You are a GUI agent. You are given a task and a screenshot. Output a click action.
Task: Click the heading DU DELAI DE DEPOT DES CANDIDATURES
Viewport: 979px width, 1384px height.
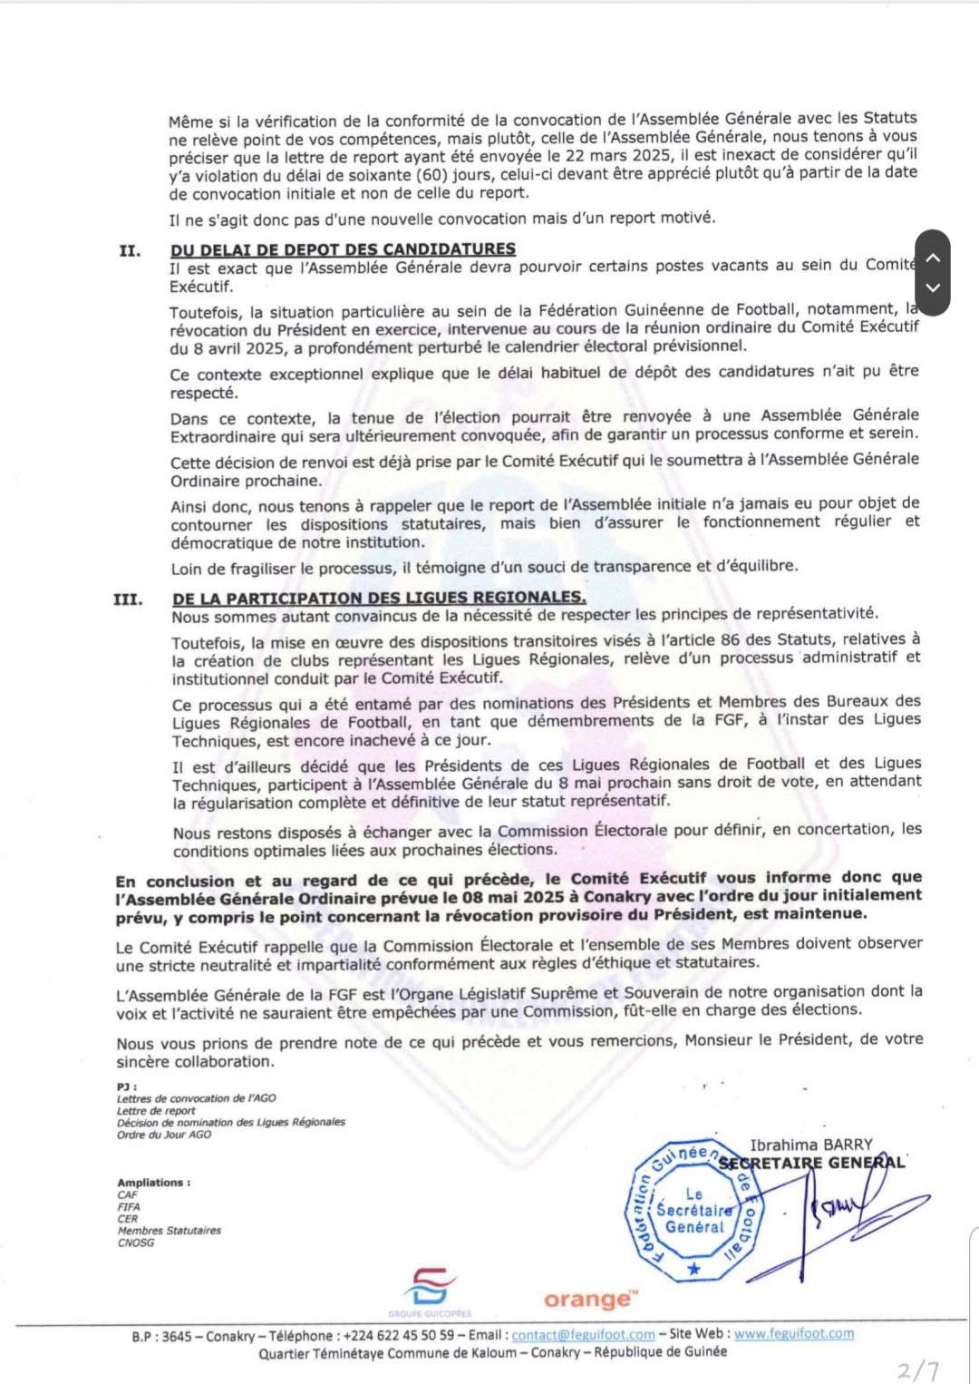coord(343,249)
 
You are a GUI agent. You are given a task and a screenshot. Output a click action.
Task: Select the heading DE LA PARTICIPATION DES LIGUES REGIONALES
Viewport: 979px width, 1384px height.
coord(379,598)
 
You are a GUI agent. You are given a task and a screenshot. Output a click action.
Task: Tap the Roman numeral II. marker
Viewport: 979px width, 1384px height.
coord(130,250)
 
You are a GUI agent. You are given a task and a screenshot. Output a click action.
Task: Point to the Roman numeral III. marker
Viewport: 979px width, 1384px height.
coord(128,599)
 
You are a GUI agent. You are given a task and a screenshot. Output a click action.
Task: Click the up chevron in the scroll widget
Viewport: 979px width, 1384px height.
coord(933,258)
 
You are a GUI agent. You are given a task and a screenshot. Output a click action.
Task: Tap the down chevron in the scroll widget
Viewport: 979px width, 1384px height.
coord(933,288)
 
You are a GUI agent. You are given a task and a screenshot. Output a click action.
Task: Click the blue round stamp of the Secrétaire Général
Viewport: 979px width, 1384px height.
coord(694,1209)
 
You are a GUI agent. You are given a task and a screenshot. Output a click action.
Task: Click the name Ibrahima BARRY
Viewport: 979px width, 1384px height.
coord(810,1145)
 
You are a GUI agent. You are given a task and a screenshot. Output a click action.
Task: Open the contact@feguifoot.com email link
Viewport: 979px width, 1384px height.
coord(583,1335)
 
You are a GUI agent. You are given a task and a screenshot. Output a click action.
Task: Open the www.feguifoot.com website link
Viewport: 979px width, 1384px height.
coord(793,1334)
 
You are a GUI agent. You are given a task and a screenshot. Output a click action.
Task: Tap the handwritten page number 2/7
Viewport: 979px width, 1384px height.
coord(917,1369)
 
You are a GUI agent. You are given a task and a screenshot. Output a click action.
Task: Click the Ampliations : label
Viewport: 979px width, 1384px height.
coord(153,1183)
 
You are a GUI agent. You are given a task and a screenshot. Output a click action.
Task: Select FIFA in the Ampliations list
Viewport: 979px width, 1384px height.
coord(129,1207)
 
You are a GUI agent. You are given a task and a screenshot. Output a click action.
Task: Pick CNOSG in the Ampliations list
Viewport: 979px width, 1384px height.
coord(136,1243)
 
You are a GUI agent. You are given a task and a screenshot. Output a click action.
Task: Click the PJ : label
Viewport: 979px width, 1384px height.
coord(126,1086)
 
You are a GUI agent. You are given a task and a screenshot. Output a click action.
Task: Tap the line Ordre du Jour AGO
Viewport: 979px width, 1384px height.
coord(164,1135)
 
